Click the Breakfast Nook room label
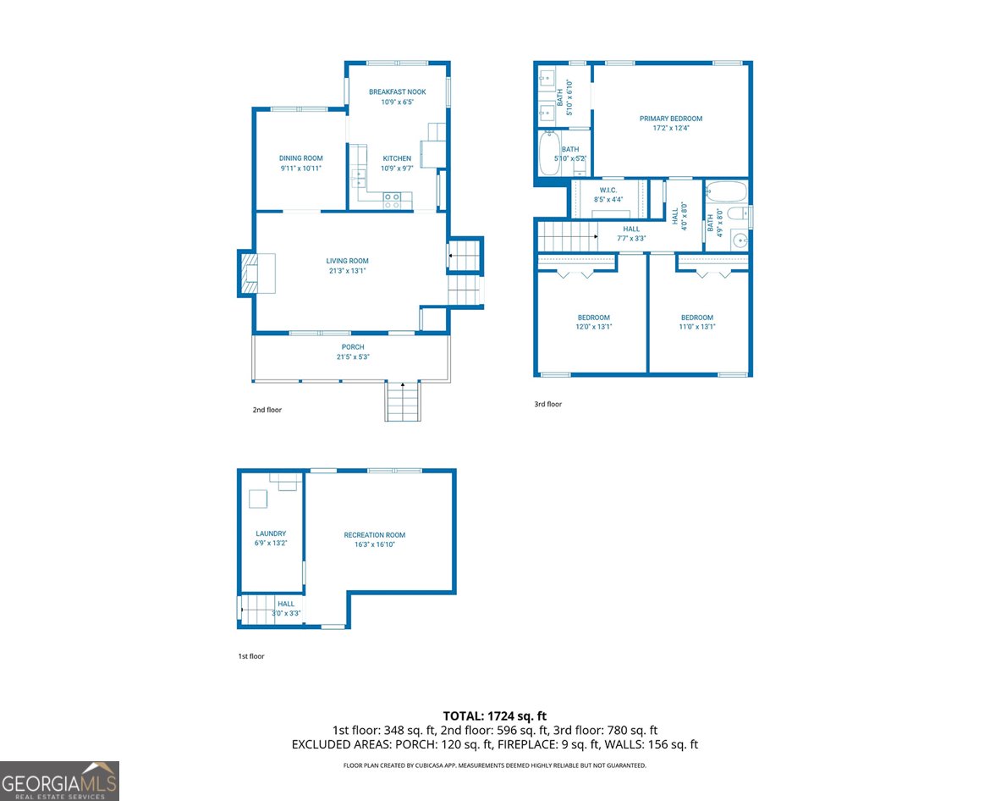(397, 91)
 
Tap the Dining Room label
(300, 158)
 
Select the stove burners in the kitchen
(393, 200)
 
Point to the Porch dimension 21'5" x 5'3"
(353, 357)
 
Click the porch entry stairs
(403, 401)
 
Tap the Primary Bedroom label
(670, 119)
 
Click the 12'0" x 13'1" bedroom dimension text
(593, 327)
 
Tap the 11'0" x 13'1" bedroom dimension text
(696, 327)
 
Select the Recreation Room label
(374, 535)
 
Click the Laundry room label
(271, 533)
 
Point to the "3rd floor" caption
(547, 405)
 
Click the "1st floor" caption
(250, 656)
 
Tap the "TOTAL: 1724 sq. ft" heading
(494, 715)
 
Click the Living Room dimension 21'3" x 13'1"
(347, 271)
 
